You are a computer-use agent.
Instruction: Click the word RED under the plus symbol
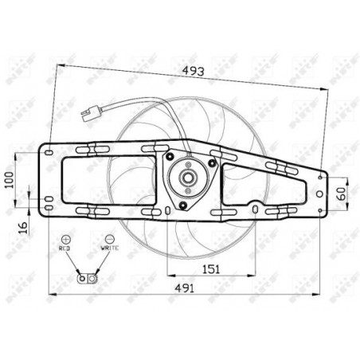coord(65,249)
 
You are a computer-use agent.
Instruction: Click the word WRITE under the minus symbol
coord(109,249)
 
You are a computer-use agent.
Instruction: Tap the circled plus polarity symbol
coord(65,238)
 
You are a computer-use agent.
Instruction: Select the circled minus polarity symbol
coord(109,238)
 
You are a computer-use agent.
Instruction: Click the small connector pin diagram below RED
coord(86,277)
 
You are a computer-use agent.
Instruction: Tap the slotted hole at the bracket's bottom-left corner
coord(49,209)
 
